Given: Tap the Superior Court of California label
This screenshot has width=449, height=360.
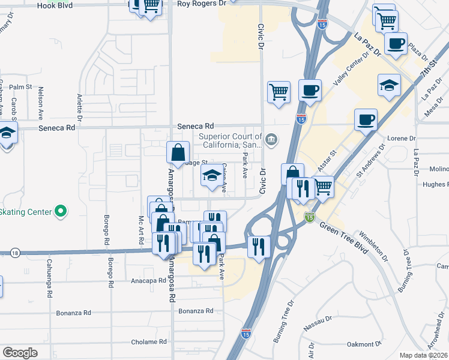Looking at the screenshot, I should click(x=230, y=140).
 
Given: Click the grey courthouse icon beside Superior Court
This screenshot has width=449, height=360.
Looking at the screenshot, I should click(x=271, y=140).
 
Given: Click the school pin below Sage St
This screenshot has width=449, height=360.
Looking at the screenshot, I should click(x=211, y=176).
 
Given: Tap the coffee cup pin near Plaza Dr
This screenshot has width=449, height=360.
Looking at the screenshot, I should click(x=396, y=44).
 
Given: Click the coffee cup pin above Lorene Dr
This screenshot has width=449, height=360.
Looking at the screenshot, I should click(x=366, y=119).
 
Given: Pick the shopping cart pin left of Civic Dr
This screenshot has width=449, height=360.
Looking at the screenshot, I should click(x=279, y=92).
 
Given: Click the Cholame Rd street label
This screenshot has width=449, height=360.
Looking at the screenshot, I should click(x=149, y=342).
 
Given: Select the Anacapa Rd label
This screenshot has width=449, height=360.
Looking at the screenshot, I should click(x=148, y=280).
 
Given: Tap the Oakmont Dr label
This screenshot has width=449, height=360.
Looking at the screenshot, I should click(x=364, y=344).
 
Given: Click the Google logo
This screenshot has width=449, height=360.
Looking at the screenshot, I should click(x=20, y=352).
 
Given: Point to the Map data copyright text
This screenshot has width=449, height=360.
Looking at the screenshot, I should click(x=424, y=355).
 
